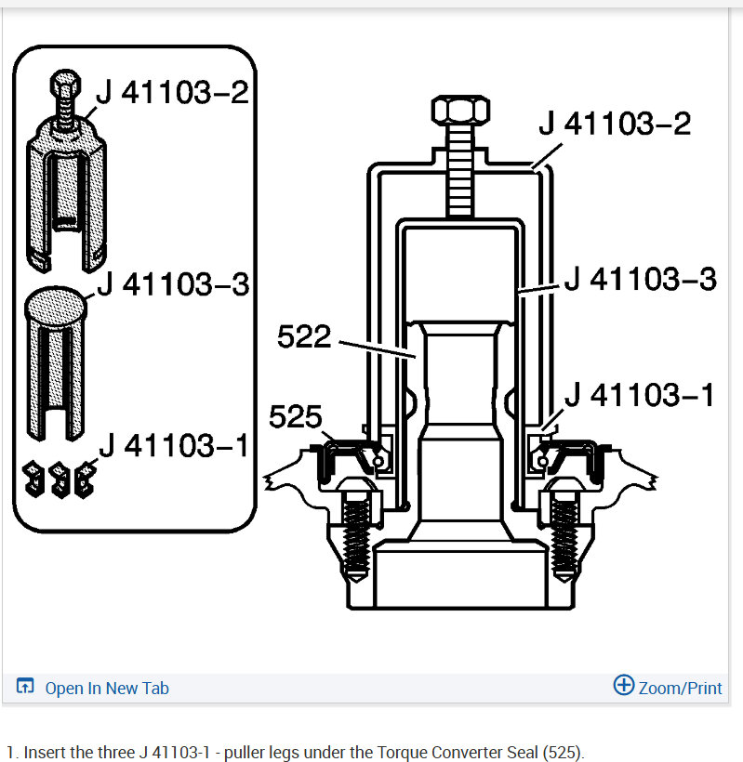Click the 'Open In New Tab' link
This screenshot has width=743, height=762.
pos(107,689)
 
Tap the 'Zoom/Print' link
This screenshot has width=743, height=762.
pos(680,689)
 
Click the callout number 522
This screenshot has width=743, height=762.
pos(304,336)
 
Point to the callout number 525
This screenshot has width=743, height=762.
pos(295,416)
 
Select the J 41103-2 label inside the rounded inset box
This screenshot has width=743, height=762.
pos(173,92)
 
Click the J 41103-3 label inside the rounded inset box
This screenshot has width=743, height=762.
pos(174,283)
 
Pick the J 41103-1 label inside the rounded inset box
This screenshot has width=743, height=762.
pos(174,445)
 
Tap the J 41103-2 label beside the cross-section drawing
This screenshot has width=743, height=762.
pos(615,123)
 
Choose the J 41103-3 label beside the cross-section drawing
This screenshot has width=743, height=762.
pos(641,279)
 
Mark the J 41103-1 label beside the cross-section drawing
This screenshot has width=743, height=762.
pos(640,394)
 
